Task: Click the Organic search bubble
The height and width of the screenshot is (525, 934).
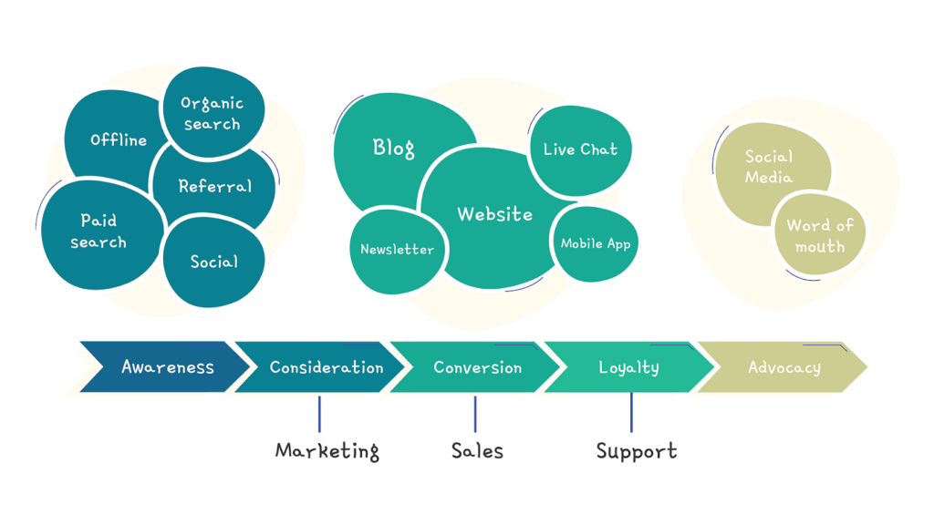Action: pos(213,113)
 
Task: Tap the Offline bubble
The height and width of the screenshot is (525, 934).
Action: pos(117,139)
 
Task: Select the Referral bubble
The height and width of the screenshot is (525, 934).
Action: pos(215,186)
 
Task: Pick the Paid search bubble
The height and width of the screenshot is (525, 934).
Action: pos(99,232)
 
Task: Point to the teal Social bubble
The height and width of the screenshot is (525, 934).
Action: pos(214,262)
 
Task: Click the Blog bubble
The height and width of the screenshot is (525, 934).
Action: pos(394,148)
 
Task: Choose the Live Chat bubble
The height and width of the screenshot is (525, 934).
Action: pos(580,149)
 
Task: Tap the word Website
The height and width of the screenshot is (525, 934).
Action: pos(494,214)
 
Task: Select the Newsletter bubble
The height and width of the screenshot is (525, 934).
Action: pos(397,250)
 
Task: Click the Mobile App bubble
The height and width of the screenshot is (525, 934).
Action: pos(596,243)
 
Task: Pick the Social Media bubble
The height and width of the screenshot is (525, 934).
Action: pos(770,168)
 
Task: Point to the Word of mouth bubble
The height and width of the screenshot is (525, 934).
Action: pos(819,235)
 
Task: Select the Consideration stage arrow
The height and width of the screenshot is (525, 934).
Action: pos(325,367)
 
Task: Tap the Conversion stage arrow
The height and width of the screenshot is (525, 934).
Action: pos(477,367)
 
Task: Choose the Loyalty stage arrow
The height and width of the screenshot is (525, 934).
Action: pos(629,367)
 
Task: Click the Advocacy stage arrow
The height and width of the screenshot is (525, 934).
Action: pos(784,367)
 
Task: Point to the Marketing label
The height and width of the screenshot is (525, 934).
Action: pos(327,450)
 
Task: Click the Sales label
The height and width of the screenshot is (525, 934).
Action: pos(477,450)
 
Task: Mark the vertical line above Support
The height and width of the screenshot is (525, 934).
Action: pos(631,413)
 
